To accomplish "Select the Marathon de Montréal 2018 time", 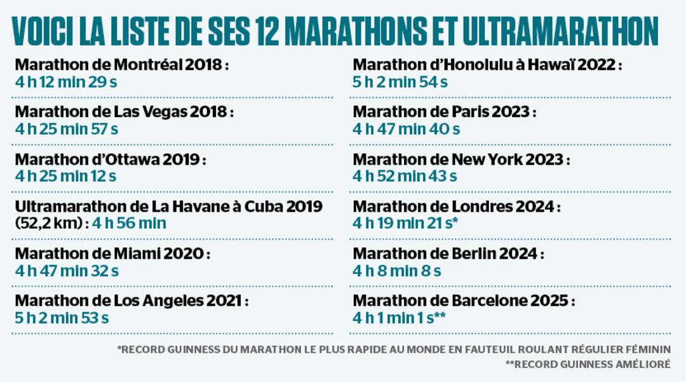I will click(66, 82).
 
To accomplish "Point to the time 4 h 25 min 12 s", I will click(66, 176).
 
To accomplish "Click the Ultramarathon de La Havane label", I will click(168, 207).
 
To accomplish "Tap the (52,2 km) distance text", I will click(51, 223).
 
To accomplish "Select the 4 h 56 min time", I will click(129, 223).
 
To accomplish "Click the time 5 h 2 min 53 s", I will click(62, 318).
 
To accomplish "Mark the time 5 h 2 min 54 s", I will click(400, 82).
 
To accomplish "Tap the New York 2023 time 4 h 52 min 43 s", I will click(405, 176).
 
